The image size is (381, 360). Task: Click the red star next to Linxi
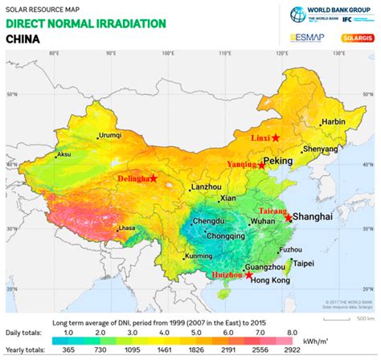coord(275,138)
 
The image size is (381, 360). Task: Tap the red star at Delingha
coord(153,178)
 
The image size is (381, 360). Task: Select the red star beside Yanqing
coord(261,165)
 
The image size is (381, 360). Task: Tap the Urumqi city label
coord(110,136)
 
